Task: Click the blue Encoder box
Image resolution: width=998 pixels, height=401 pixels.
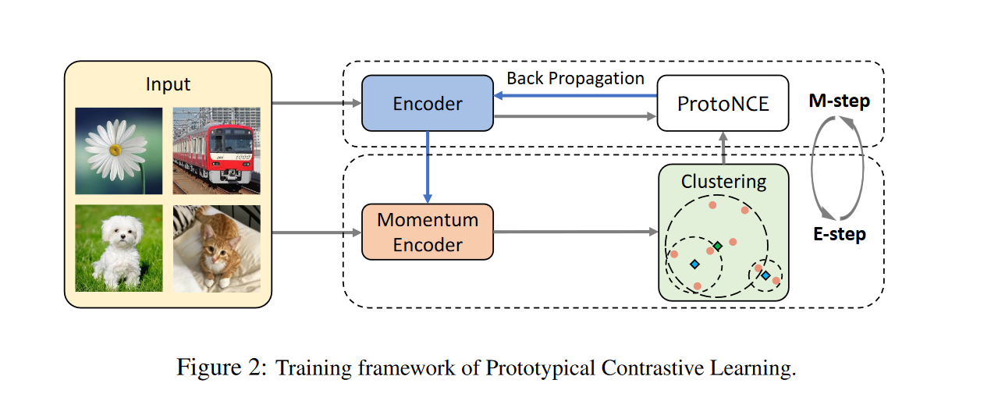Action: (428, 104)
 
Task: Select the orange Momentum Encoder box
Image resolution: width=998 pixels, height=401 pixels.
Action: (428, 232)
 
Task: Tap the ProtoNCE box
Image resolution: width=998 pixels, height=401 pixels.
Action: (723, 103)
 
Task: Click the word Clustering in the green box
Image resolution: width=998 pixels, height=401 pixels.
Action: (723, 182)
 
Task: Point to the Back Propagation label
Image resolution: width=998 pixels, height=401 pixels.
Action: (575, 79)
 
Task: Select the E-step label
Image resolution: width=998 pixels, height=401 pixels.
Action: (840, 234)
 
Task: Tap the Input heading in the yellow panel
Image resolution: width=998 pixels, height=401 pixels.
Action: (168, 83)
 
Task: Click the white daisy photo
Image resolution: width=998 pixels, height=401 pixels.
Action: (119, 151)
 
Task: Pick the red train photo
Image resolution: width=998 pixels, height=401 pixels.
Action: (216, 151)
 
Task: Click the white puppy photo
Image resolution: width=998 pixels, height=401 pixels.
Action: (119, 248)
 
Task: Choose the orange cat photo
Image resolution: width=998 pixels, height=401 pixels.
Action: (216, 248)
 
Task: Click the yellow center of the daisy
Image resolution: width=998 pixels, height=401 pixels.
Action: (115, 148)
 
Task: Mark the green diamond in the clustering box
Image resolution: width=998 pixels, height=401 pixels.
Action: (718, 247)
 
